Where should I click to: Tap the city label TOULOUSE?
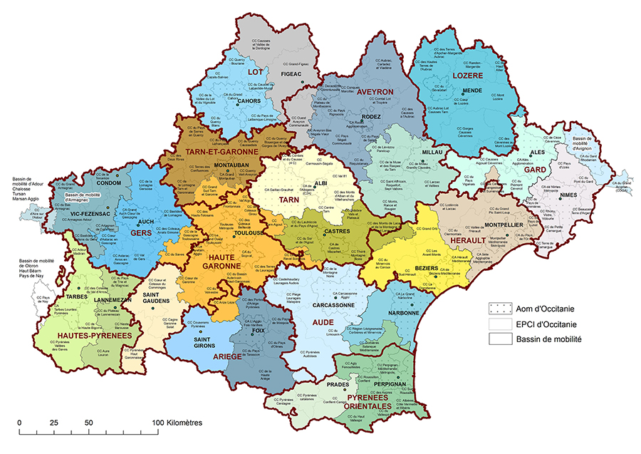[x=249, y=232]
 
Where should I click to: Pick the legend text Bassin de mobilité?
[x=549, y=339]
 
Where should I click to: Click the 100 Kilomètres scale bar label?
[x=178, y=423]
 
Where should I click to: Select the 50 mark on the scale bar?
[x=88, y=423]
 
